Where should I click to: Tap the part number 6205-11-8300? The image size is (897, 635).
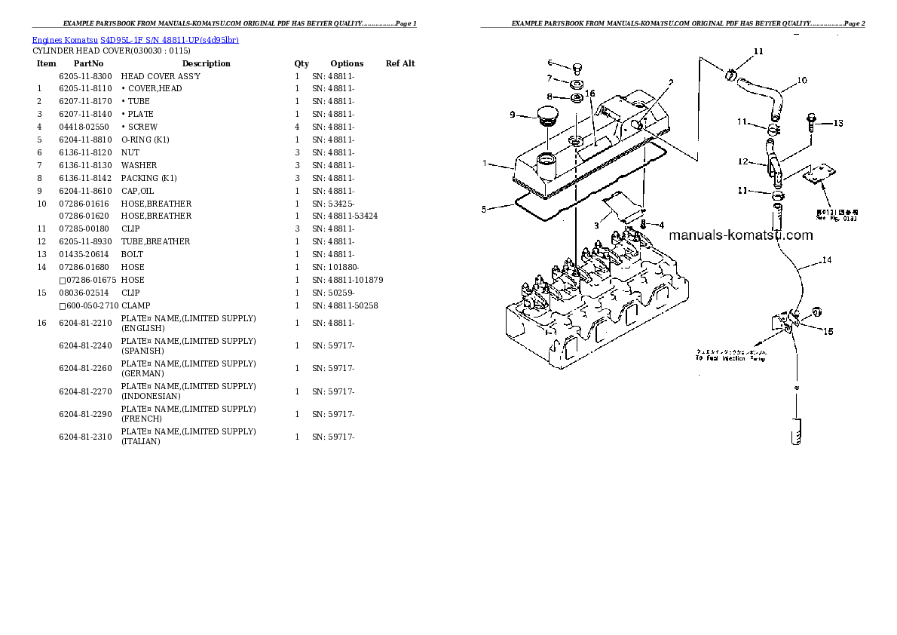click(85, 76)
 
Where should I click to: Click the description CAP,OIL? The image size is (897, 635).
click(137, 191)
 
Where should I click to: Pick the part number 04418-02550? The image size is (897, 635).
click(84, 127)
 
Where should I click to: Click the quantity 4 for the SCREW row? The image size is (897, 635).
click(297, 127)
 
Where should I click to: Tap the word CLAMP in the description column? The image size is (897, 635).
click(136, 305)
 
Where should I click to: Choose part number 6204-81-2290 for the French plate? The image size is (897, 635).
click(85, 414)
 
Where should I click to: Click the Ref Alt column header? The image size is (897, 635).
click(400, 63)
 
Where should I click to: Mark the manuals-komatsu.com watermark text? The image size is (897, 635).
click(741, 235)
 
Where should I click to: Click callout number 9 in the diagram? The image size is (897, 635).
click(512, 115)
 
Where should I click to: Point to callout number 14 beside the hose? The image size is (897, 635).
click(826, 260)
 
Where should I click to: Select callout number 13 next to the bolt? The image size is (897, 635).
click(837, 123)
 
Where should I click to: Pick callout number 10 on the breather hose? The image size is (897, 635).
click(801, 80)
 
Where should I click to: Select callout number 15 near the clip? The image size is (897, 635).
click(827, 331)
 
